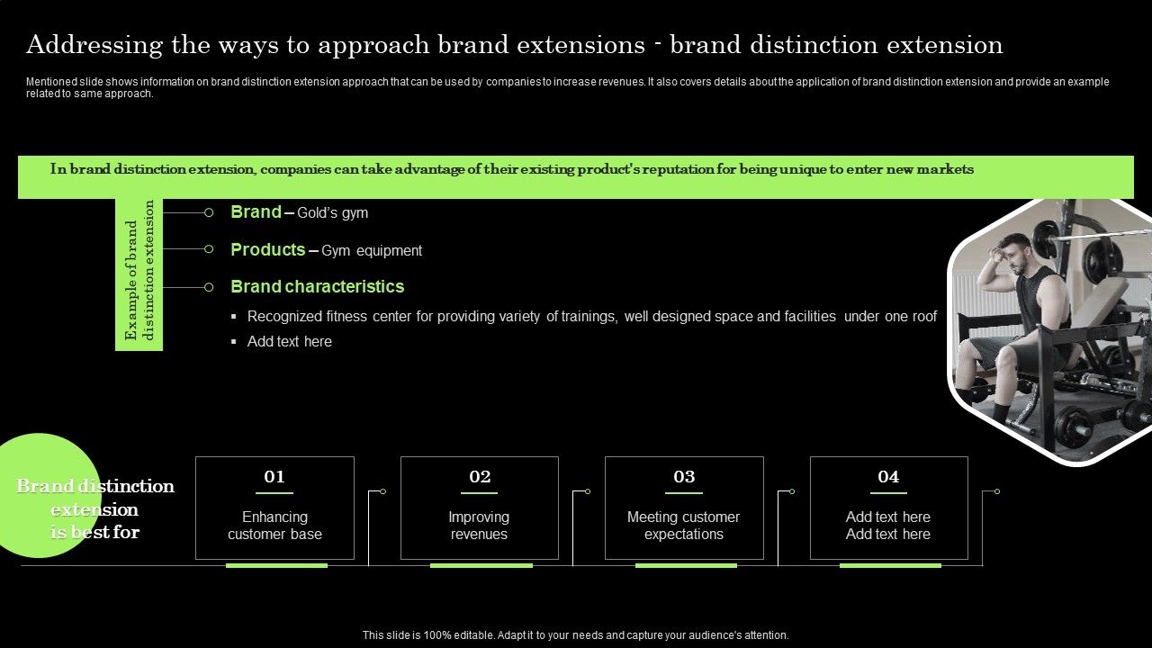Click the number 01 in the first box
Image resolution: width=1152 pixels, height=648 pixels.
(274, 477)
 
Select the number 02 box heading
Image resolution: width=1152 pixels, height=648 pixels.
(480, 477)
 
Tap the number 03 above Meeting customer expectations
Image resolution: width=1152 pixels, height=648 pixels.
(684, 477)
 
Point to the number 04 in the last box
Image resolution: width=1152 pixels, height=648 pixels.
(888, 477)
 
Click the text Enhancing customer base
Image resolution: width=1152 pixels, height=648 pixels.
(274, 526)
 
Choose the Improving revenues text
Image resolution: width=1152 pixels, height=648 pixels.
(479, 526)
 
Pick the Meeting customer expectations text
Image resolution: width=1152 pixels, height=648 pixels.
(683, 526)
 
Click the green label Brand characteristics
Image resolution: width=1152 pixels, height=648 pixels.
(317, 287)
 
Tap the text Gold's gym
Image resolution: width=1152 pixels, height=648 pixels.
(332, 213)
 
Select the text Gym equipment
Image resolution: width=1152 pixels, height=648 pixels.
(372, 251)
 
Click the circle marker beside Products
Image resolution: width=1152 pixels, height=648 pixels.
(209, 249)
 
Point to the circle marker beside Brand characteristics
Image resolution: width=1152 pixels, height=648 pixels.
(209, 287)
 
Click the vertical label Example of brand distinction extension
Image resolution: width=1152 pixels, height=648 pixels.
(139, 270)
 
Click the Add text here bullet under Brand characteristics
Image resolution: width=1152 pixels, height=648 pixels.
(289, 342)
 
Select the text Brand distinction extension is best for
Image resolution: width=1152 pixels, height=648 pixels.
(94, 509)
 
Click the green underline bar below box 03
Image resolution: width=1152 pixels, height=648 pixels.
(686, 565)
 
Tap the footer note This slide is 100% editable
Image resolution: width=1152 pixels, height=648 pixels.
(575, 635)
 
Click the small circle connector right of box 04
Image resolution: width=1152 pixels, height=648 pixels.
(997, 491)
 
